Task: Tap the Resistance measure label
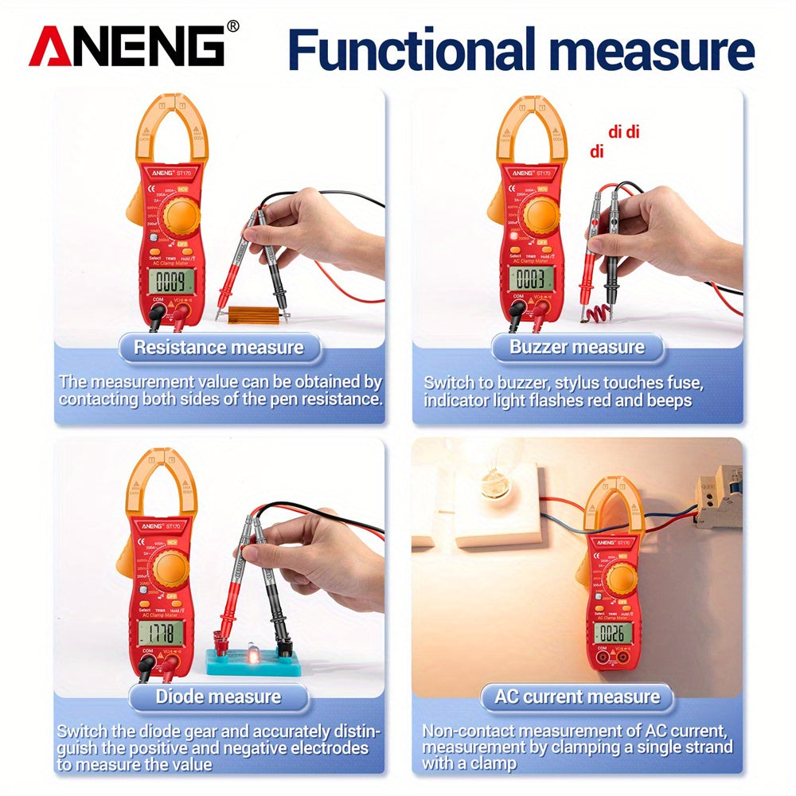pyautogui.click(x=218, y=348)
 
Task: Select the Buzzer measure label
pyautogui.click(x=577, y=347)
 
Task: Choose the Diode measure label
pyautogui.click(x=218, y=697)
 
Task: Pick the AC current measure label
pyautogui.click(x=577, y=697)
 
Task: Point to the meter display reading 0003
pyautogui.click(x=529, y=278)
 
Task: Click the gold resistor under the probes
pyautogui.click(x=254, y=315)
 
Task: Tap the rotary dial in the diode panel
pyautogui.click(x=171, y=567)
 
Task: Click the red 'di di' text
pyautogui.click(x=623, y=132)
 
